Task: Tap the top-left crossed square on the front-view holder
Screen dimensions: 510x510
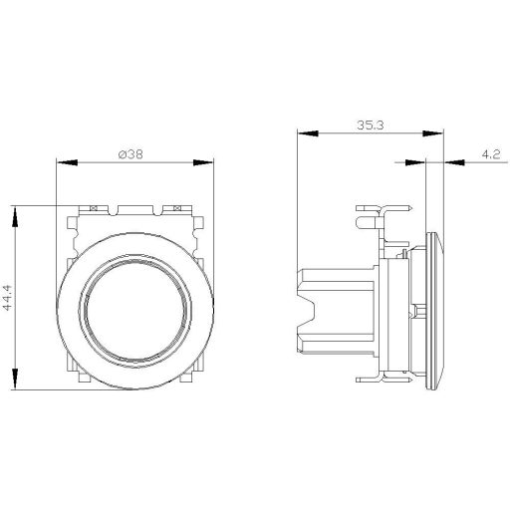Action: pos(92,208)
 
